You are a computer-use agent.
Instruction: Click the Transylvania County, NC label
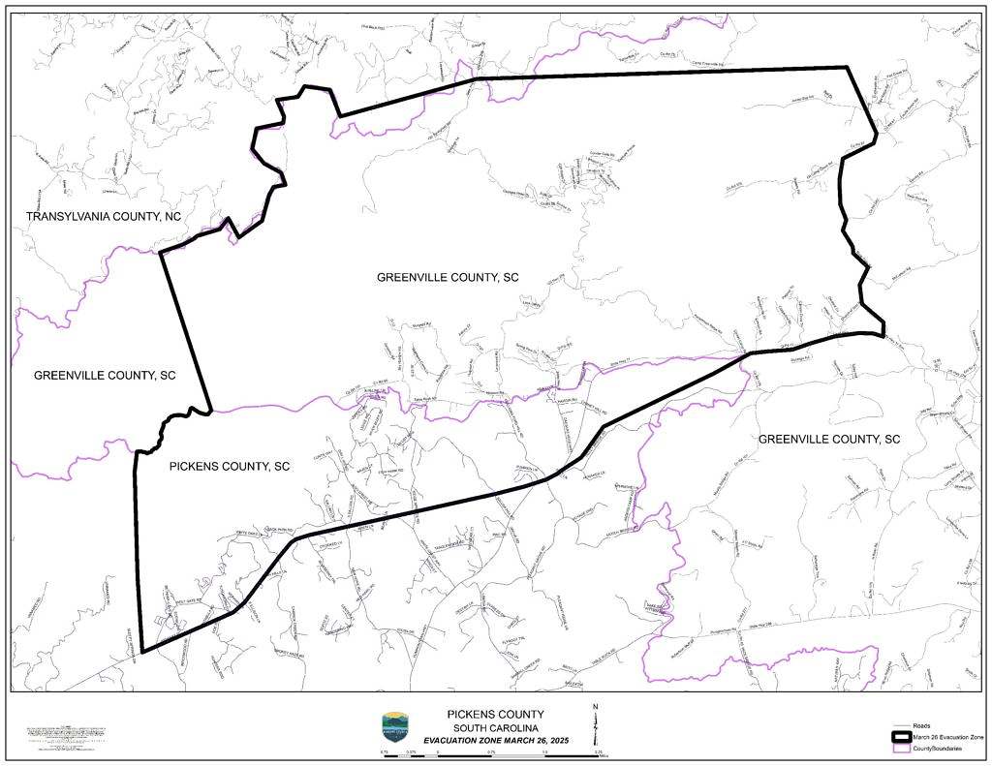click(x=104, y=215)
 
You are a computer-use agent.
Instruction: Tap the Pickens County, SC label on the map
click(x=230, y=466)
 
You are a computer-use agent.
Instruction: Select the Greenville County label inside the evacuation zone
click(x=448, y=277)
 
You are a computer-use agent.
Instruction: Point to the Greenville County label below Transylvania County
click(x=105, y=375)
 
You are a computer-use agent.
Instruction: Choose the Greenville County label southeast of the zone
click(x=829, y=439)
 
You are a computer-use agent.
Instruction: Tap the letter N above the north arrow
click(x=595, y=707)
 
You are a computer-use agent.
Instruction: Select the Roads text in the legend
click(x=922, y=725)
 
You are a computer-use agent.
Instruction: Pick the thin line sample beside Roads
click(x=902, y=725)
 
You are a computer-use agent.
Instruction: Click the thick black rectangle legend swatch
click(x=902, y=737)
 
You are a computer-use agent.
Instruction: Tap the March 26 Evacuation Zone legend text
click(x=948, y=737)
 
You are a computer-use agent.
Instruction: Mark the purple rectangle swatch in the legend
click(x=902, y=749)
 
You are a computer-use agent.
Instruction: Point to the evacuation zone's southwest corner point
click(x=141, y=652)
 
